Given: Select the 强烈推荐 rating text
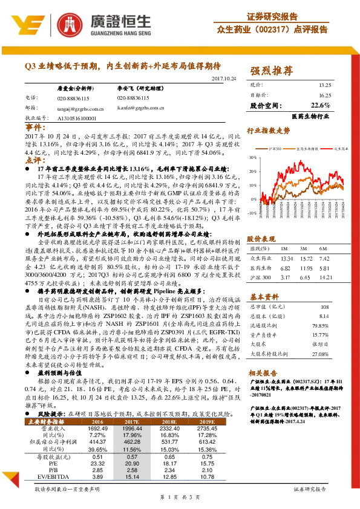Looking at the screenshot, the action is pyautogui.click(x=270, y=72).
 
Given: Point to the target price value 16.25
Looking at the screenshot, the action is pyautogui.click(x=324, y=95).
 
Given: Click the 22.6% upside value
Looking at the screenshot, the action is pyautogui.click(x=321, y=105).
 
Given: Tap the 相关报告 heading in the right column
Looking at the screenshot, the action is pyautogui.click(x=263, y=373).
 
